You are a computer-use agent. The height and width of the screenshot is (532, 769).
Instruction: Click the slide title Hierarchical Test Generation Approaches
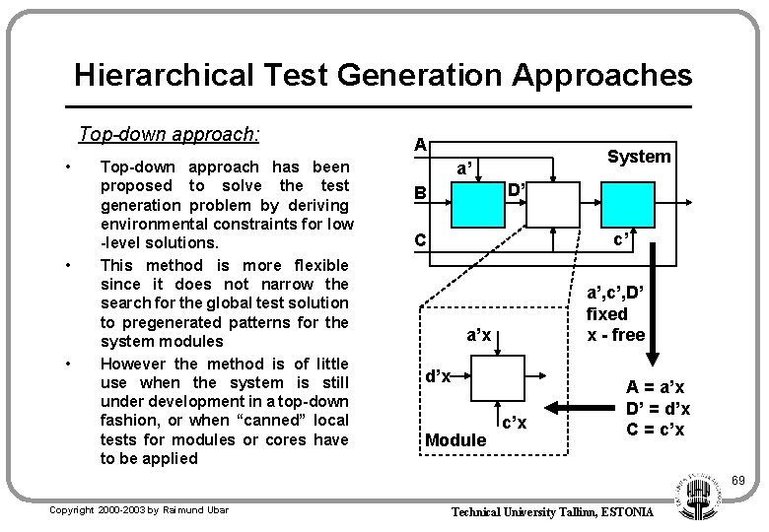[x=383, y=75]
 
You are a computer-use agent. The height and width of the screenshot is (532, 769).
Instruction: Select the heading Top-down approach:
[x=170, y=134]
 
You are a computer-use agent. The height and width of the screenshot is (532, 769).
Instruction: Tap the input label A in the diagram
[x=420, y=145]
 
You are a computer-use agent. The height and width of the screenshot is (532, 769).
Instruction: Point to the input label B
[x=420, y=193]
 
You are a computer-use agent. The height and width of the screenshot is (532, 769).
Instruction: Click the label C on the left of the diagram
[x=420, y=239]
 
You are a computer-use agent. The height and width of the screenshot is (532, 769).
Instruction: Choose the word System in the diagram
[x=639, y=157]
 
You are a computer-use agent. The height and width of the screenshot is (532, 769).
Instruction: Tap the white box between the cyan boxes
[x=553, y=203]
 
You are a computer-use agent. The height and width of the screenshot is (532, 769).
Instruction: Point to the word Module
[x=455, y=440]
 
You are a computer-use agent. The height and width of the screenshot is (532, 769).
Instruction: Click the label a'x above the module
[x=479, y=336]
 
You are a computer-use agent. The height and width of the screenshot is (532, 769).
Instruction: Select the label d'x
[x=438, y=376]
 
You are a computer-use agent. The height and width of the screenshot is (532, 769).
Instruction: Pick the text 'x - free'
[x=616, y=335]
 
